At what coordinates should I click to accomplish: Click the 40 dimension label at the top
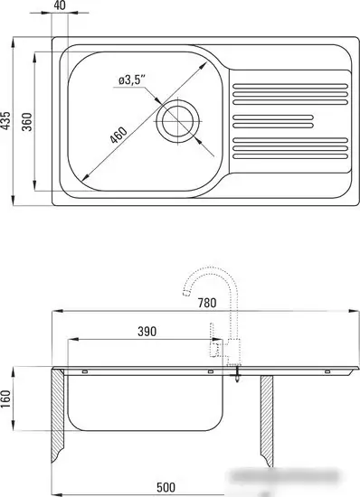point(60,5)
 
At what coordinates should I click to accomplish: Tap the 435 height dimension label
point(6,120)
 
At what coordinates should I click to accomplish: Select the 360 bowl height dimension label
point(27,122)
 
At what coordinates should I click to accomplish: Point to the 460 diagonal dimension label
point(118,135)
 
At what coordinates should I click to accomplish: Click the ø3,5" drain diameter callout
point(132,80)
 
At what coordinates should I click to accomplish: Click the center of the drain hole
point(177,121)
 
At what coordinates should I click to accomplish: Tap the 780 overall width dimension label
point(207,303)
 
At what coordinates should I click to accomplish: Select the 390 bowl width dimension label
point(147,332)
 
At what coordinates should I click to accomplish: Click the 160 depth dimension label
point(6,399)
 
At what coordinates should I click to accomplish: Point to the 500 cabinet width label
point(166,487)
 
